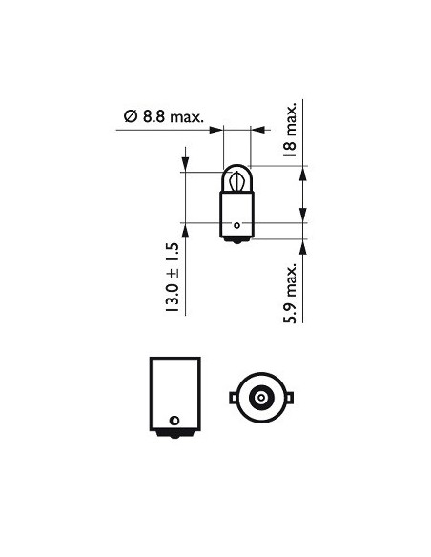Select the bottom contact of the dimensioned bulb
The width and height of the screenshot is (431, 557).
(x=236, y=239)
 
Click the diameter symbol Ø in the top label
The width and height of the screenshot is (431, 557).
(x=131, y=116)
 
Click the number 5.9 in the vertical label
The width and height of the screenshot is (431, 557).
(x=292, y=310)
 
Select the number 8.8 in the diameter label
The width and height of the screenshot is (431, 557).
(x=154, y=116)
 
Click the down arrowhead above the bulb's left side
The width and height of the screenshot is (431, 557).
(x=184, y=163)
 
